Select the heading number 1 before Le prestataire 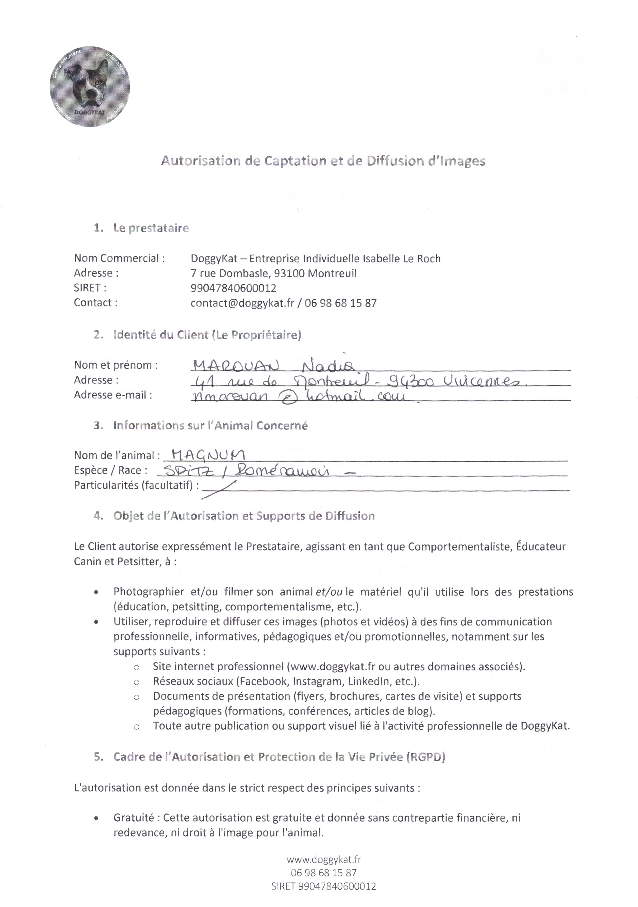click(x=98, y=228)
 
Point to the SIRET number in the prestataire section click(x=233, y=288)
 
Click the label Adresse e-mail click(x=113, y=395)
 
